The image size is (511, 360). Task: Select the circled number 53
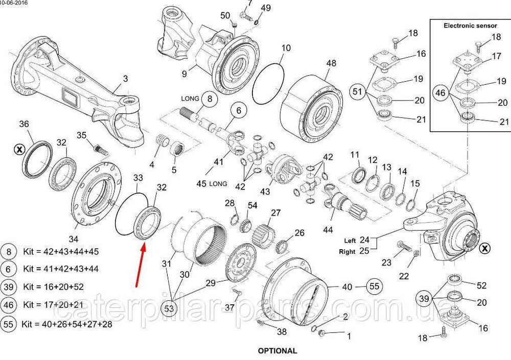coord(169,308)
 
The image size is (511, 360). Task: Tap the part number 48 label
coord(331,63)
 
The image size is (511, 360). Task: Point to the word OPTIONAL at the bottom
coord(277,351)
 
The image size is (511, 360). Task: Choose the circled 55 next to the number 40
coord(375,286)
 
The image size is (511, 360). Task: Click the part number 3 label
coord(125,78)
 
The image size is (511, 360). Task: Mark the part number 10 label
coord(286,48)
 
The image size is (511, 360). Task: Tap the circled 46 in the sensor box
coord(440,93)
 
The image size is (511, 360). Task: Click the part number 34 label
coord(74,238)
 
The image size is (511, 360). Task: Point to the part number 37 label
coord(230,307)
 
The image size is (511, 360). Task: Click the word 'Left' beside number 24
coord(350,241)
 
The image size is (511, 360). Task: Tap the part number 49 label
coord(266,8)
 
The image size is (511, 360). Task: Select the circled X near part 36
coord(19,149)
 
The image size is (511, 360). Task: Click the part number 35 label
coord(82,135)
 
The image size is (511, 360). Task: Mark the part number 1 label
coord(349,337)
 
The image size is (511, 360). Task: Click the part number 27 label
coord(276,212)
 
